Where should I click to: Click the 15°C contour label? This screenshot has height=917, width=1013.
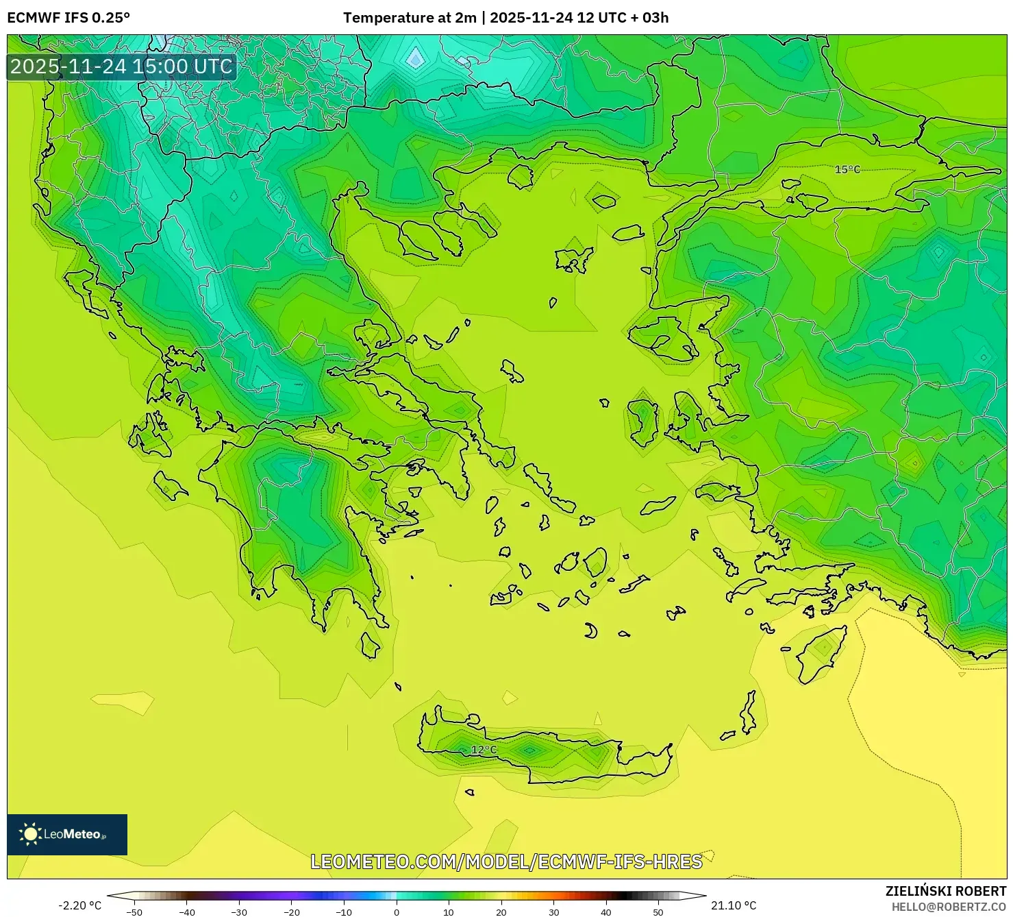(847, 169)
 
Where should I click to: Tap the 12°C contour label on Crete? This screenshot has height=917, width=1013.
(484, 750)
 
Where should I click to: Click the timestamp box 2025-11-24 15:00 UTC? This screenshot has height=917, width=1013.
(121, 66)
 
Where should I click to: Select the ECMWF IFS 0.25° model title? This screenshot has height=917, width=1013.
(68, 18)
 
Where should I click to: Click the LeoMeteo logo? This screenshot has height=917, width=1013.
(67, 834)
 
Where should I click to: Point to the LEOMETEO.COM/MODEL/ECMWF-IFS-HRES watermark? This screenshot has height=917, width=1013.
(506, 861)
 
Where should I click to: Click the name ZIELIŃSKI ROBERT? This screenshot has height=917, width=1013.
(945, 891)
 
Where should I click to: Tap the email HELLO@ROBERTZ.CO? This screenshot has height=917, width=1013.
(948, 907)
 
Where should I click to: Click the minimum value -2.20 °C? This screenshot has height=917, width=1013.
(79, 905)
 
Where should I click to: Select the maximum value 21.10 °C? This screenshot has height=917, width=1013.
(734, 905)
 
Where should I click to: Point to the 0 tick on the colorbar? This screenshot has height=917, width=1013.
(397, 912)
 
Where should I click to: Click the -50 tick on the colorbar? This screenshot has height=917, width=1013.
(134, 912)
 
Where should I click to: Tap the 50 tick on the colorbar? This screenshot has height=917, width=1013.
(658, 912)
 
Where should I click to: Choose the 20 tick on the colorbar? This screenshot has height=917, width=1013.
(501, 912)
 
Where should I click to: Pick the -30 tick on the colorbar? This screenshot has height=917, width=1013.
(239, 912)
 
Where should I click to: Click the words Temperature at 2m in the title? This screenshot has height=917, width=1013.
(410, 18)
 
